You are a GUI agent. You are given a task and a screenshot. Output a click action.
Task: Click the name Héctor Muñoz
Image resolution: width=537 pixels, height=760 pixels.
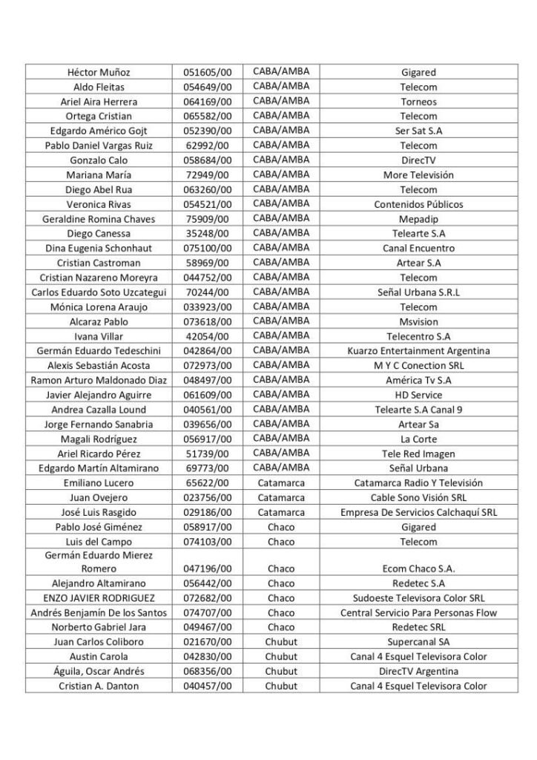coord(99,73)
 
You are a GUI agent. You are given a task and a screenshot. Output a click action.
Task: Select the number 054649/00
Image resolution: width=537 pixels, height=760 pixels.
coord(208,87)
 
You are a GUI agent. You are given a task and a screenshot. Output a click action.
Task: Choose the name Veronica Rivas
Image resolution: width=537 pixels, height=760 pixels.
coord(99,204)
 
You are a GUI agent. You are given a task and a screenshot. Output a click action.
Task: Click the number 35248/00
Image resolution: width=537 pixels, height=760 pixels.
coord(208,234)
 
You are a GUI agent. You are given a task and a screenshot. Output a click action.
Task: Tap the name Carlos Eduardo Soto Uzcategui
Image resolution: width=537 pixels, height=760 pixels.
coord(99,292)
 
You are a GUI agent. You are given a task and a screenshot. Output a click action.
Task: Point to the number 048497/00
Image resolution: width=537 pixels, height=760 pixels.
coord(208,381)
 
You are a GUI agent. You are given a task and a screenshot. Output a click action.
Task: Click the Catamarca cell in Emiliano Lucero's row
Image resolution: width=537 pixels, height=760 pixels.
coord(281,483)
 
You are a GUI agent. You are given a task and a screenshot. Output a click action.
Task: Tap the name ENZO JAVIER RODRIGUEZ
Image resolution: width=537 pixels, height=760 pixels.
coord(99,598)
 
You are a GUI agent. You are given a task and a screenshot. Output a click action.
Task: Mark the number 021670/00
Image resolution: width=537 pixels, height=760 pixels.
coord(208,642)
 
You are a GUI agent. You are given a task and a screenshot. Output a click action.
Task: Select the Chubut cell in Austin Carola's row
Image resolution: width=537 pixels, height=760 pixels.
coord(281,657)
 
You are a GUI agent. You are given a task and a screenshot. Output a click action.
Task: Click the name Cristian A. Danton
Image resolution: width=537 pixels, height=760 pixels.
coord(99,687)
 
